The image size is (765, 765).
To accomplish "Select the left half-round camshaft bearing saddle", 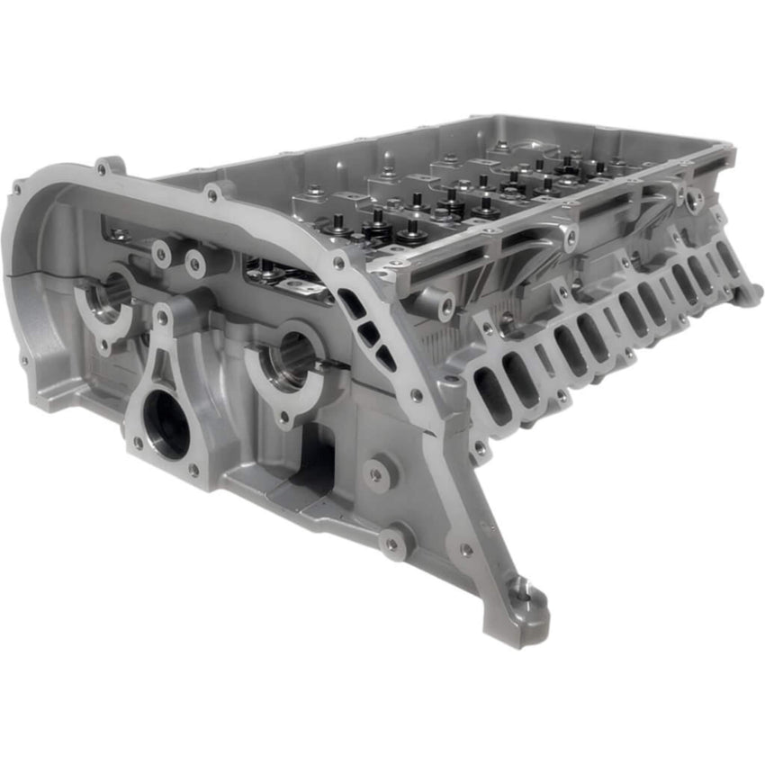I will click(x=106, y=298).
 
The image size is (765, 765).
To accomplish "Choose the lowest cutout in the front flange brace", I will click(x=386, y=358).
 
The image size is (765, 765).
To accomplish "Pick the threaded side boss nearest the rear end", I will click(x=695, y=201).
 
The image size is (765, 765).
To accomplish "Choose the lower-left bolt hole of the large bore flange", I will click(x=137, y=443).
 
